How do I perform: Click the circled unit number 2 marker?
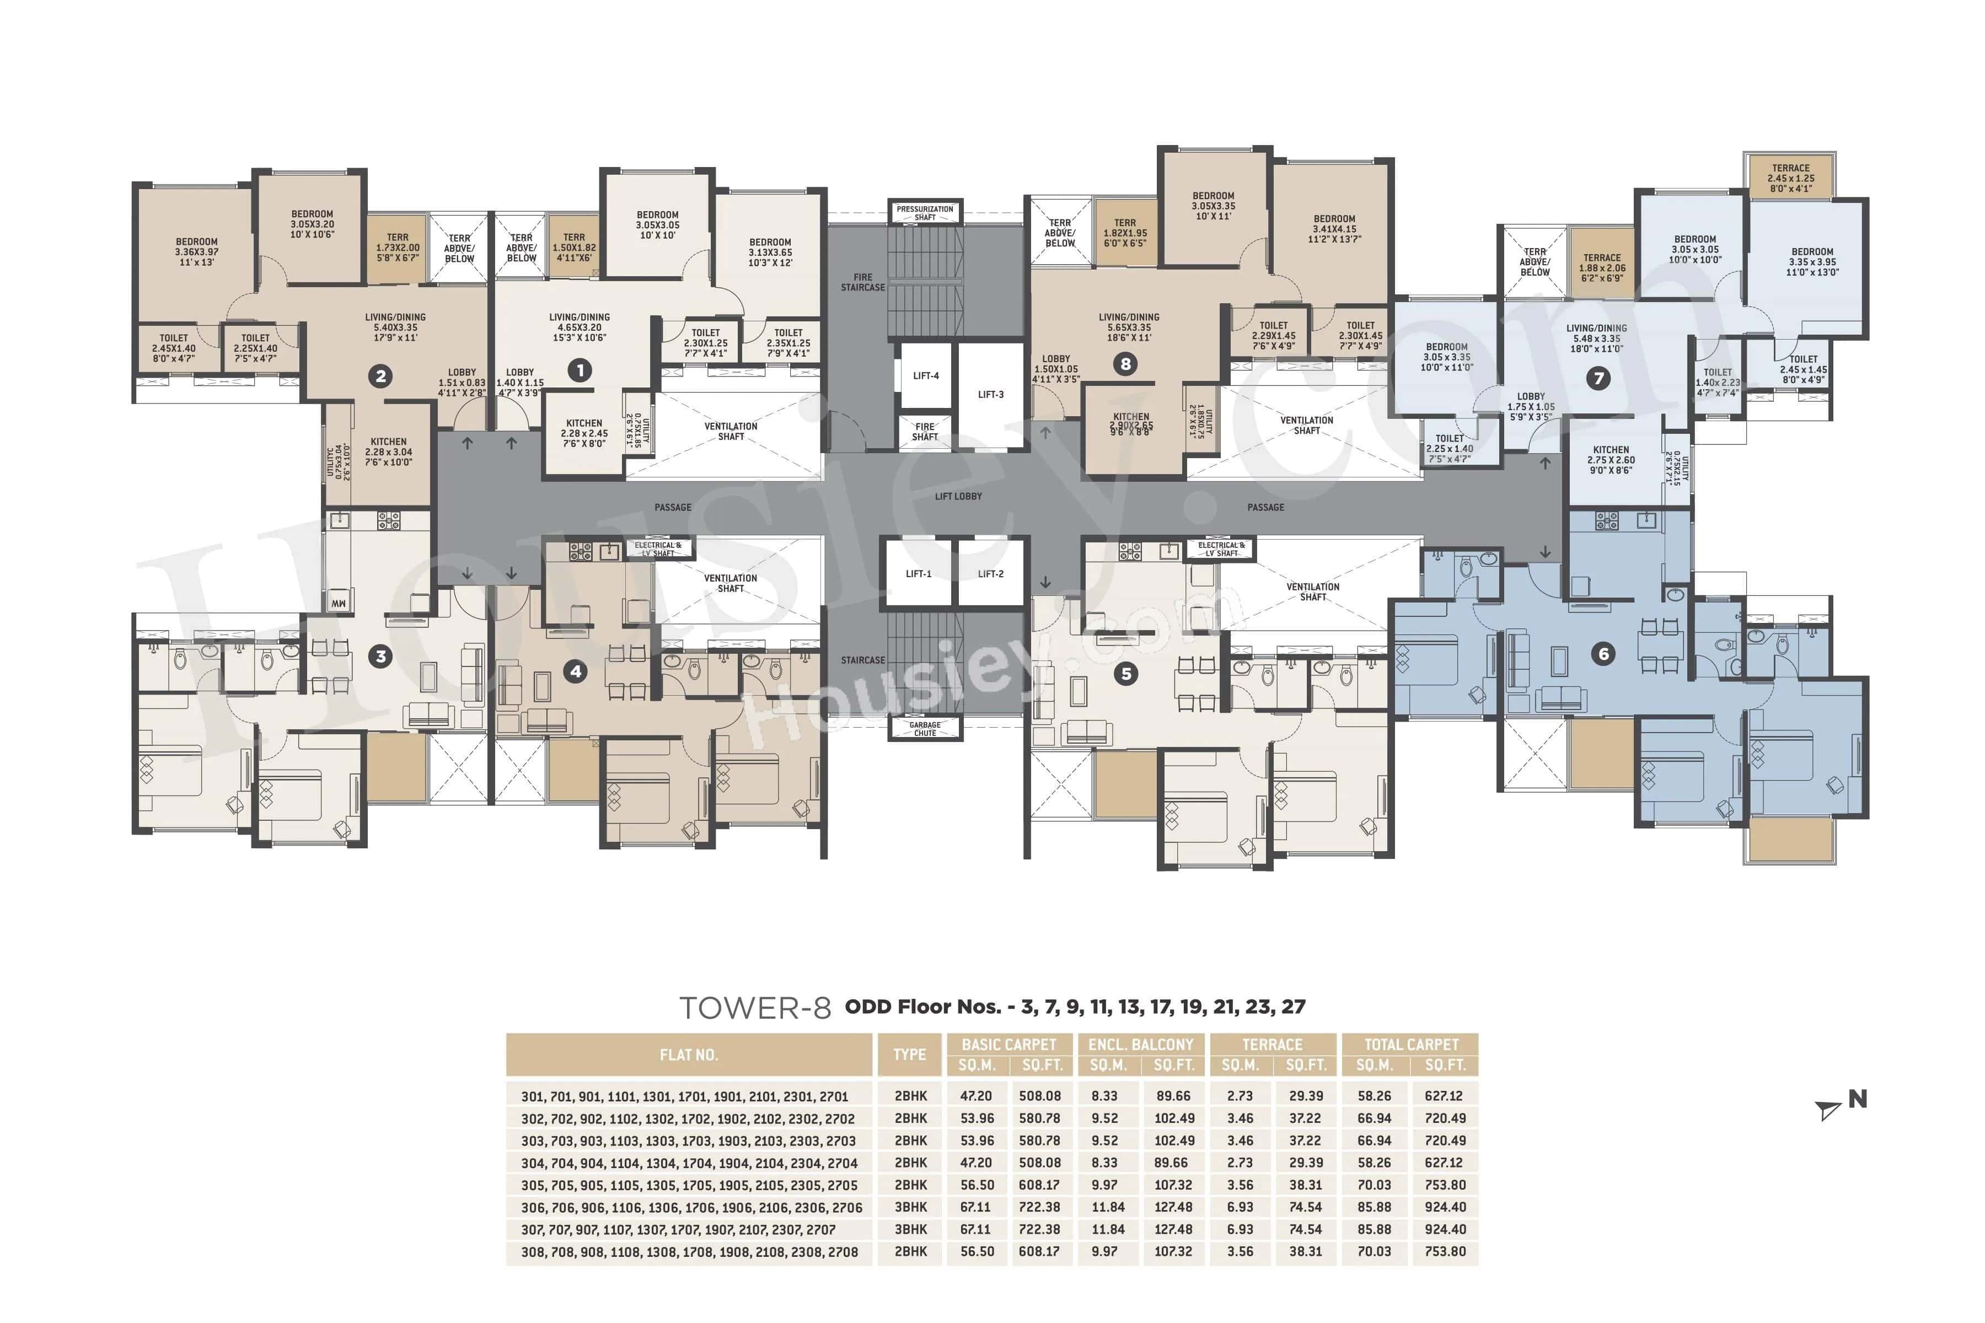pos(380,377)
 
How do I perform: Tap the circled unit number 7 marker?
pos(1597,378)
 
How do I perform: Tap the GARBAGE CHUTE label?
pos(925,729)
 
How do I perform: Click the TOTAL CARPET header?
pos(1410,1045)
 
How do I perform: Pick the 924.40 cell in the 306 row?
pos(1445,1207)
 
